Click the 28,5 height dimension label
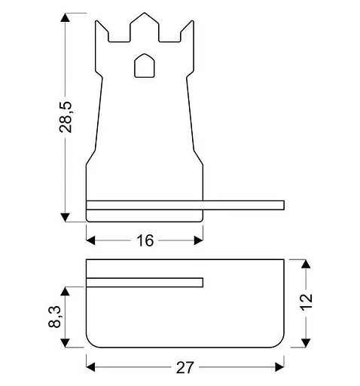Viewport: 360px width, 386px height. pos(66,117)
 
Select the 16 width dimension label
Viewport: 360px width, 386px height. pos(145,240)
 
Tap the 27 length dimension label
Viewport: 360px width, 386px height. pos(185,367)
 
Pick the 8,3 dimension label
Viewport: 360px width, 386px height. pos(54,317)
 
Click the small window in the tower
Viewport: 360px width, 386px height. pos(145,66)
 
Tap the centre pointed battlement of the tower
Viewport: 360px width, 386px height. pos(145,26)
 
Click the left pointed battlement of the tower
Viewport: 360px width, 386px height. pos(102,32)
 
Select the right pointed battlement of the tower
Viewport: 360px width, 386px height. pos(188,32)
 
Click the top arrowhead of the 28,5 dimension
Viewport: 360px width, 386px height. pos(66,17)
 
